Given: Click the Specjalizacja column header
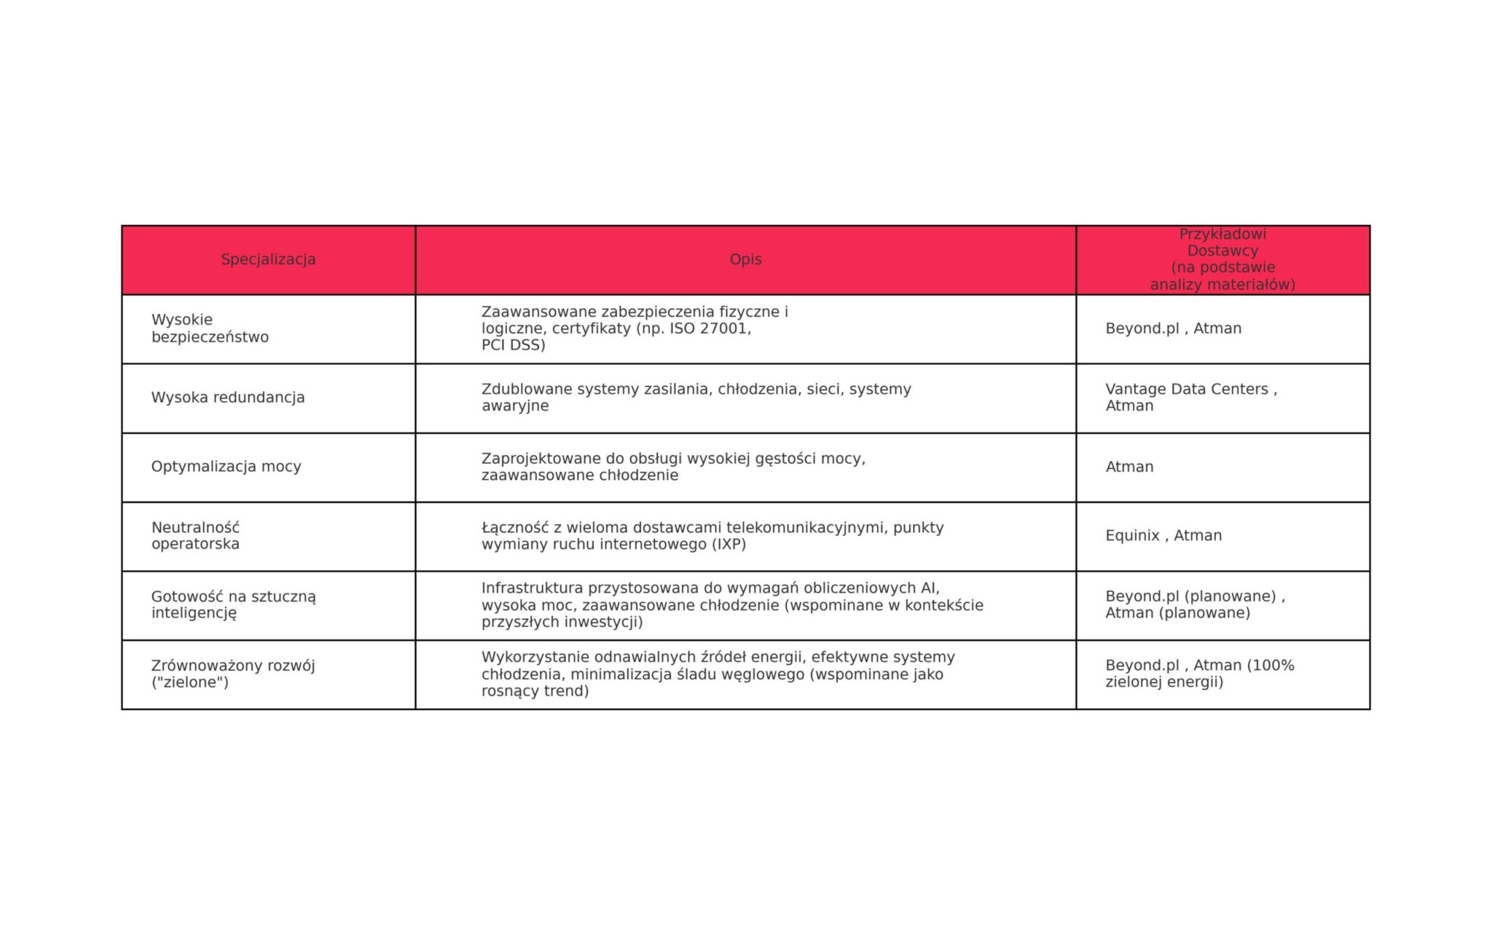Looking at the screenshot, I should point(268,259).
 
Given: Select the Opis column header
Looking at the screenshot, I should point(745,259).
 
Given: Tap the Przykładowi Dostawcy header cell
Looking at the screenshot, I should point(1222,259).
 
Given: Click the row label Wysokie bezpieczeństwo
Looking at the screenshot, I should point(210,328).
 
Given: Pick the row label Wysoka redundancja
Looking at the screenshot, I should point(228,398).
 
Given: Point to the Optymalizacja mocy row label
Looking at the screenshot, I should point(226,467).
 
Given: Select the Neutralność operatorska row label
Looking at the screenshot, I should point(195,536).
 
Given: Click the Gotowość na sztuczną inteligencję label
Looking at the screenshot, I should point(233,604).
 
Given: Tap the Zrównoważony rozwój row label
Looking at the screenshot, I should point(233,674).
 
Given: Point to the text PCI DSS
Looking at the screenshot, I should point(513,345).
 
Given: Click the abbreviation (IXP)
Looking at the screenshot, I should point(729,545).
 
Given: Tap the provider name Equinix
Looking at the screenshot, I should point(1132,536).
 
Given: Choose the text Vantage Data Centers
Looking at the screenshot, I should point(1187,389).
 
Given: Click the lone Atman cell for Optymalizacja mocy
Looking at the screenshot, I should point(1129,467).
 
